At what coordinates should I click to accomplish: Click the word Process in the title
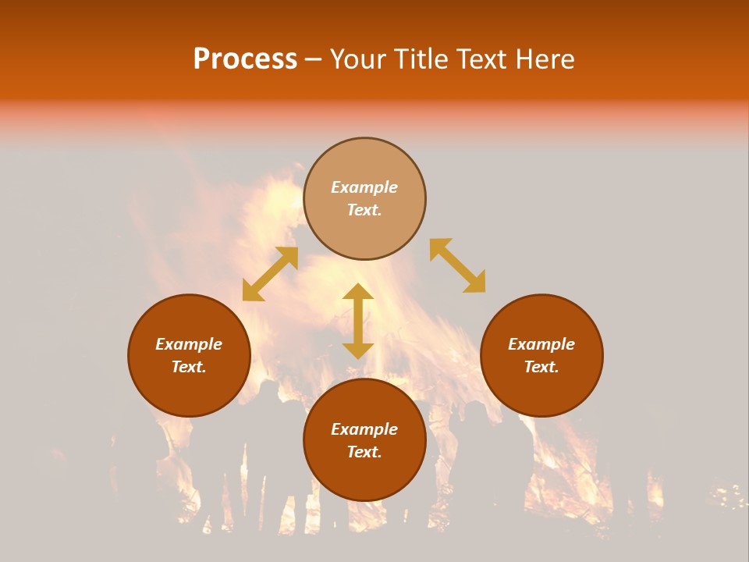(245, 59)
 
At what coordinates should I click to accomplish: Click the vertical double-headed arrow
(358, 321)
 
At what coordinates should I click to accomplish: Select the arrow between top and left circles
(270, 274)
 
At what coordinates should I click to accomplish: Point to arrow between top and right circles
(457, 265)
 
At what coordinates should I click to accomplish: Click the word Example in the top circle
(364, 187)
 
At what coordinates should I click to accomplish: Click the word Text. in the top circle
(364, 210)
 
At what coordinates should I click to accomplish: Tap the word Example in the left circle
(189, 344)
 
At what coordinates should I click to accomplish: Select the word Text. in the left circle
(189, 367)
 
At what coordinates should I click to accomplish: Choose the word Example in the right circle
(541, 344)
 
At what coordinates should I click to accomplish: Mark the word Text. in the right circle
(541, 367)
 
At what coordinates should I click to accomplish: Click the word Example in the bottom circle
(364, 429)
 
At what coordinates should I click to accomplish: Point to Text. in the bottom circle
(364, 452)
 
